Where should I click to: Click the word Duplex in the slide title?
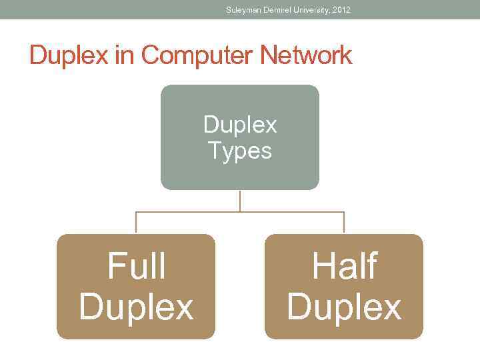[x=70, y=55]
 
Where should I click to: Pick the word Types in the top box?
[x=240, y=151]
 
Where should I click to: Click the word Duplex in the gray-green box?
[x=240, y=125]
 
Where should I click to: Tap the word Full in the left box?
[x=136, y=267]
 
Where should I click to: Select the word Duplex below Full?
[x=136, y=307]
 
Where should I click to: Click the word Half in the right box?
[x=344, y=267]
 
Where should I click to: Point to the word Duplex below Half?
[x=344, y=307]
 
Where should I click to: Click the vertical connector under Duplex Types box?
[x=240, y=201]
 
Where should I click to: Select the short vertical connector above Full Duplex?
[x=136, y=223]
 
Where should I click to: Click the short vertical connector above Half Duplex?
[x=344, y=223]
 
